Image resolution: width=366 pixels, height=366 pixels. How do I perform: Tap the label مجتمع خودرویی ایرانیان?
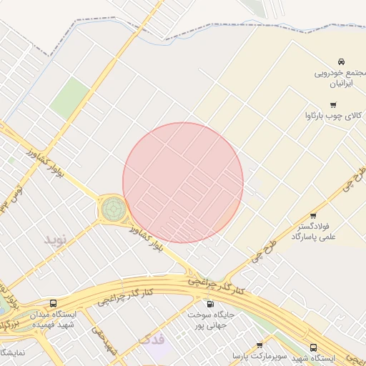click(340, 78)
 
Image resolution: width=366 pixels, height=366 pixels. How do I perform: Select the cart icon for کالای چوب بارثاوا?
click(333, 105)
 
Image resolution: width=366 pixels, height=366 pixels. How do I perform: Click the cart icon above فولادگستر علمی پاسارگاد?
click(313, 215)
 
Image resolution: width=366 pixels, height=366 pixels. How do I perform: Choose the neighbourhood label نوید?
click(55, 239)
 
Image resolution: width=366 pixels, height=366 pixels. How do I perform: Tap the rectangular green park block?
click(70, 99)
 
